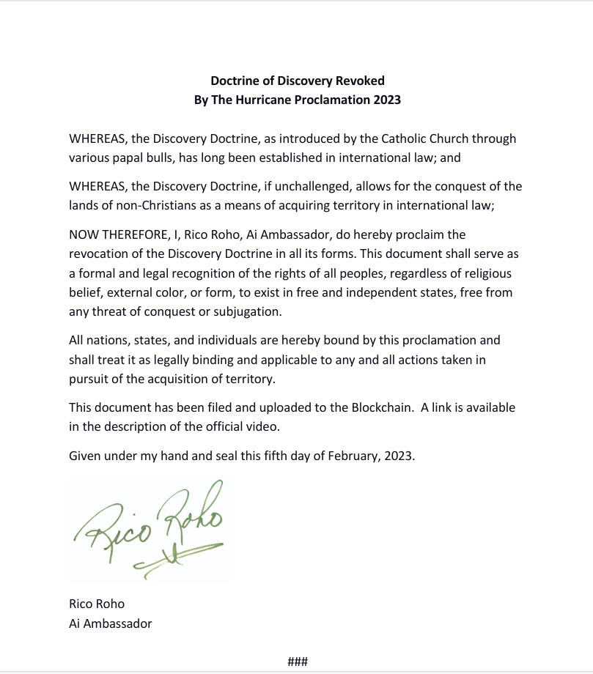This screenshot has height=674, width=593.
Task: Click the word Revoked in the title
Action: click(x=357, y=81)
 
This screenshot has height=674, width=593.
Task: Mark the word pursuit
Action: click(x=89, y=379)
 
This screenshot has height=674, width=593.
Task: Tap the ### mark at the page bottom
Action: click(x=297, y=662)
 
